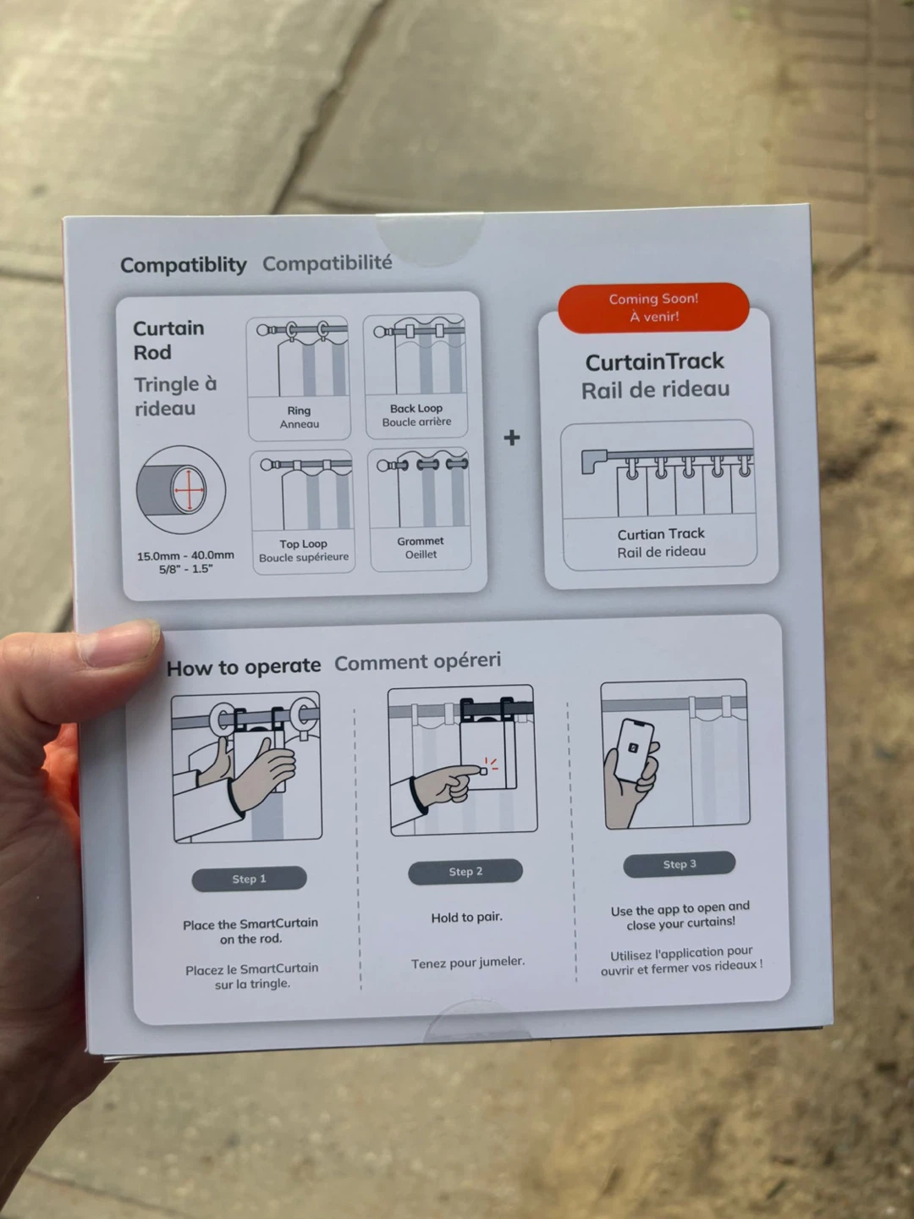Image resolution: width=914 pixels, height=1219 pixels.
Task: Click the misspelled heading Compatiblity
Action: click(183, 266)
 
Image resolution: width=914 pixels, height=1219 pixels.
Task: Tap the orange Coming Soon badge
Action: click(653, 307)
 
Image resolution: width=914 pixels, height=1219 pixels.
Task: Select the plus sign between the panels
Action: click(512, 438)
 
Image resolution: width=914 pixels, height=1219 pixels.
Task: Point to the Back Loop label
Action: click(416, 408)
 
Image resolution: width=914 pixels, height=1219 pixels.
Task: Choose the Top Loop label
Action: click(303, 543)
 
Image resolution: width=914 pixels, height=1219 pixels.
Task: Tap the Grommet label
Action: click(420, 541)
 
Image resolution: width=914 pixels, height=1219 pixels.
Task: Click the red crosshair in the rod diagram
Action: click(190, 490)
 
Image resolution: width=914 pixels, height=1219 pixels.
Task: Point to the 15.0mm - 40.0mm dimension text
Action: click(185, 555)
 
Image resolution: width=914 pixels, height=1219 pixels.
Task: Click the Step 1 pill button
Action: click(249, 879)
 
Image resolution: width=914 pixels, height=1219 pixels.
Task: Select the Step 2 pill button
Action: click(465, 871)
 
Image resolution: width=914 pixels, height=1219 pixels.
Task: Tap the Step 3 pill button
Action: click(680, 864)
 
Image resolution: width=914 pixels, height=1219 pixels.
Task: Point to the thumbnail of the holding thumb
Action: click(118, 643)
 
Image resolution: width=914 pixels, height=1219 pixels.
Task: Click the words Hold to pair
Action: click(466, 918)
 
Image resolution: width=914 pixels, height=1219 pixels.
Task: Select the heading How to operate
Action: click(244, 666)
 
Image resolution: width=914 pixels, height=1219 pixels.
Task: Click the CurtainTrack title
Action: click(654, 362)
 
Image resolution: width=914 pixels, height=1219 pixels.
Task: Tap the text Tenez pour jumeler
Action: click(468, 963)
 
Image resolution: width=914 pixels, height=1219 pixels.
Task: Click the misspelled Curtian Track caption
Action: click(661, 533)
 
